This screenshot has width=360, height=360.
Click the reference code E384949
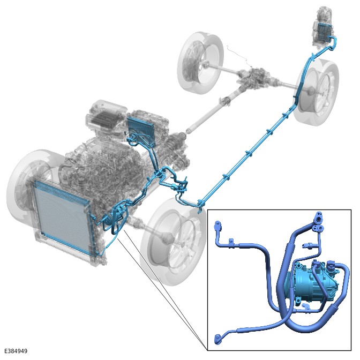[x=16, y=351]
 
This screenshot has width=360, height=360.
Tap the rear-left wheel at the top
[x=200, y=63]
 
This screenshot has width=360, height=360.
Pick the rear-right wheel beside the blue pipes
[x=319, y=92]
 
